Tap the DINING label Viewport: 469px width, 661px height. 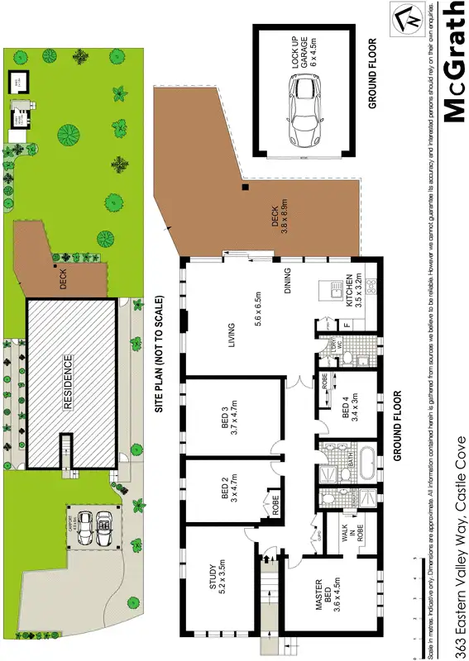289,285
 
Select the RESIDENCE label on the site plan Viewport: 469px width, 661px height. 69,383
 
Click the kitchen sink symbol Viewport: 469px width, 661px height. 334,291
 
